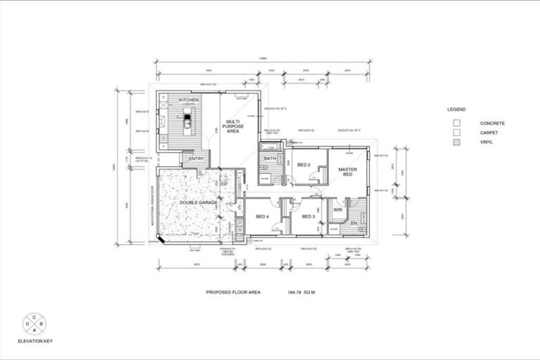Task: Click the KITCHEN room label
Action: point(188,101)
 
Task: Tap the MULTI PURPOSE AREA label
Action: point(233,125)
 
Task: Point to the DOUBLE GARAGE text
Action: point(198,202)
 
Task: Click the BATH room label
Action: point(270,159)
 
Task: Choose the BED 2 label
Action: point(304,165)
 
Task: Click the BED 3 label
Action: point(309,216)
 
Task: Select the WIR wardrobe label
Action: point(337,210)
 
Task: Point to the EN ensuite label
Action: point(354,224)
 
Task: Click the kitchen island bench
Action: point(188,127)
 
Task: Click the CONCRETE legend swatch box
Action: point(456,123)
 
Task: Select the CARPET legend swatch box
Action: point(456,132)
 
